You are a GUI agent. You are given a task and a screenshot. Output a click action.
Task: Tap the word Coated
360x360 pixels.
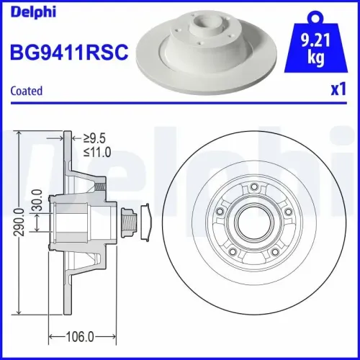click(27, 91)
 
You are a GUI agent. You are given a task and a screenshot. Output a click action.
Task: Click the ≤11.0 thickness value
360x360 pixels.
click(97, 151)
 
